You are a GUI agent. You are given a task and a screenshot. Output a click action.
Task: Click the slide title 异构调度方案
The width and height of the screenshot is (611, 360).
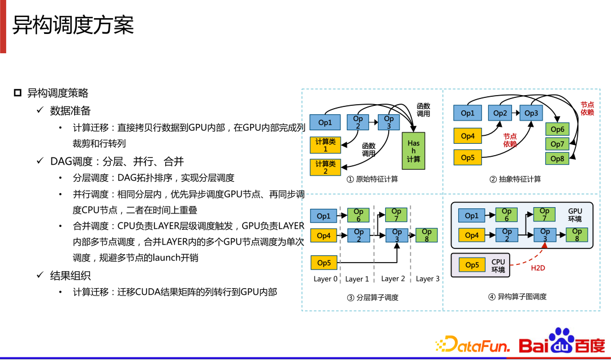coord(73,25)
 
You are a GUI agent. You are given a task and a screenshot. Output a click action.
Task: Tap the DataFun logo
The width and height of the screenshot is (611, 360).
coord(473,344)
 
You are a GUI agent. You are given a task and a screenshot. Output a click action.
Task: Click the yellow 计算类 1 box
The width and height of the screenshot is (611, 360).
coord(325,145)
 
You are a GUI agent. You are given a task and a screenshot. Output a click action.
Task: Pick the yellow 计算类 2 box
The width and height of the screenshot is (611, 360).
coord(325,167)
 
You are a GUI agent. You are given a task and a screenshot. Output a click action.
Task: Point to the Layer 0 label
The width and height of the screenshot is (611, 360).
coord(325,279)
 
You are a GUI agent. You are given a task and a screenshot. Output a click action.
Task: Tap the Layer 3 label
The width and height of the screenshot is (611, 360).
coord(427,279)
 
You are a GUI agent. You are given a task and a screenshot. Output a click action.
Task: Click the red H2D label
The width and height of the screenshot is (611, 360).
coord(537,268)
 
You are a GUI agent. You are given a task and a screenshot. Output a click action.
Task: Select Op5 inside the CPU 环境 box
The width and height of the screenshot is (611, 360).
coord(472,265)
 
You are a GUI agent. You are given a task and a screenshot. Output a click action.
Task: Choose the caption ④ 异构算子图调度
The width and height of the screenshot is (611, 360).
coord(518,297)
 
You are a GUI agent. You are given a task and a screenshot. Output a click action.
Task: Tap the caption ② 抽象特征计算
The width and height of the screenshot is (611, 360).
coord(515,179)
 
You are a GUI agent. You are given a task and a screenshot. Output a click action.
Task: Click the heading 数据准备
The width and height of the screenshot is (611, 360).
coord(70,110)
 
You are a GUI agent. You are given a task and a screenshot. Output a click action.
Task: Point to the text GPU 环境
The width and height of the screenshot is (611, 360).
coord(575,215)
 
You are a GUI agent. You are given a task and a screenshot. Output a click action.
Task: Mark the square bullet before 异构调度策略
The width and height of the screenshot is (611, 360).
coord(18,93)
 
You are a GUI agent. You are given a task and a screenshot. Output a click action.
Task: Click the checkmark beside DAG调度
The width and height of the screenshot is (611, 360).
coord(40,161)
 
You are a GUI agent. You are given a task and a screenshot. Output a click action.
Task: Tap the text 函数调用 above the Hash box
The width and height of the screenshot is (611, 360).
coord(423,110)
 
